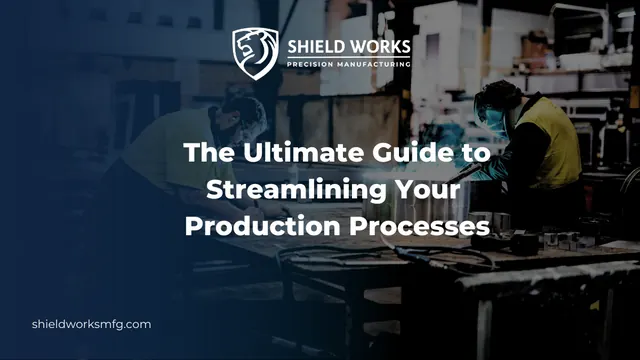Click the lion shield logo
point(255,53)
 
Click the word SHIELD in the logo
point(313,47)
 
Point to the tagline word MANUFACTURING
point(374,64)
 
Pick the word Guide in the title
point(413,152)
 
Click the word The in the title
point(209,152)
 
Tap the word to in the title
point(476,153)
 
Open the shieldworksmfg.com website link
point(91,324)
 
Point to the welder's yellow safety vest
point(549,141)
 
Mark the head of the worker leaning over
point(240,118)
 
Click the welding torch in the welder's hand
point(464,173)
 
